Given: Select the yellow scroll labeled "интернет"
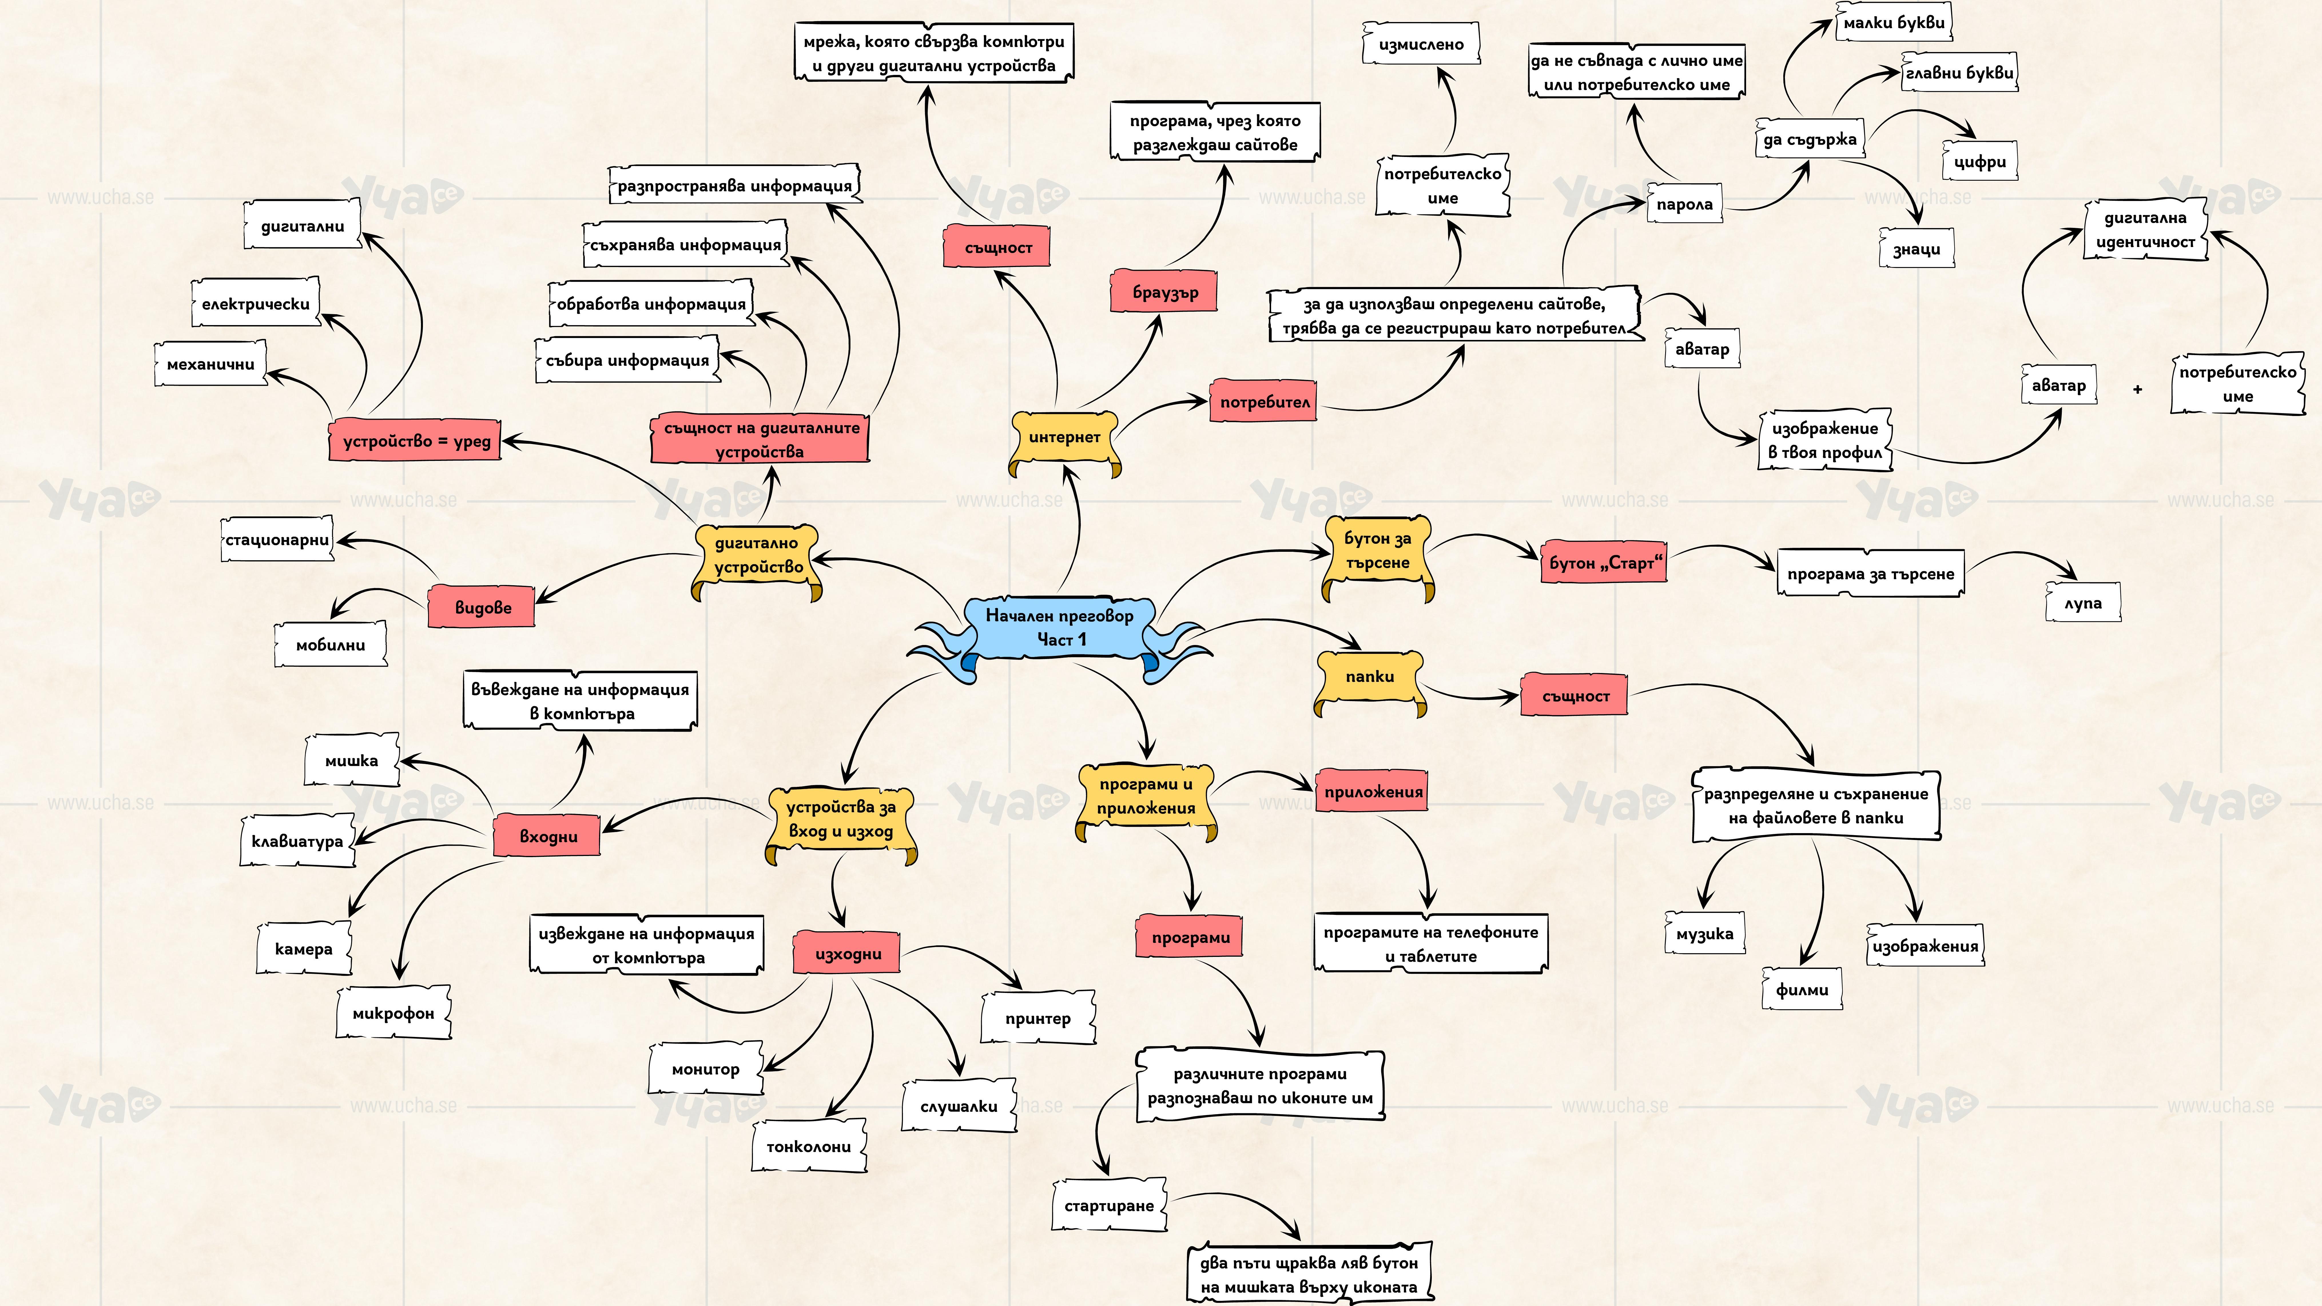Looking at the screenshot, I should [x=1065, y=437].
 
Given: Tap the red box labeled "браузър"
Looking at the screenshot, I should [x=1165, y=292].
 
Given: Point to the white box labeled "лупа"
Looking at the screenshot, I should [x=2083, y=603].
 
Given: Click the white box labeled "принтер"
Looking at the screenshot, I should [x=1037, y=1018].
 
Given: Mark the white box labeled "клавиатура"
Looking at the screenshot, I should [x=297, y=841].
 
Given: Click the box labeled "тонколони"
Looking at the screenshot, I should [x=809, y=1146].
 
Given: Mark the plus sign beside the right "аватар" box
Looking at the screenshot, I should [x=2137, y=389].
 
